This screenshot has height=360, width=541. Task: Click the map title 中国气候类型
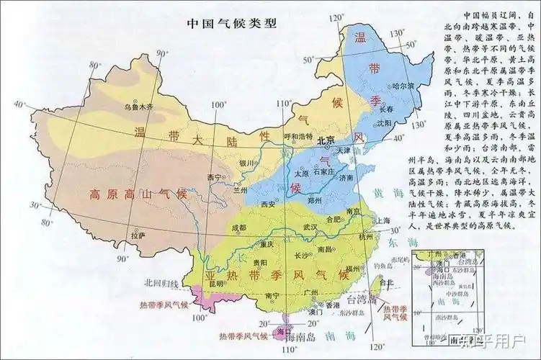[x=232, y=23]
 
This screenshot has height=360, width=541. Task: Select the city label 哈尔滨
[x=400, y=86]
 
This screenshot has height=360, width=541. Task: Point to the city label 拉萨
[x=137, y=235]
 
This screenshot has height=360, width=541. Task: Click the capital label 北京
[x=326, y=140]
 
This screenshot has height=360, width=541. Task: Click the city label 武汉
[x=310, y=228]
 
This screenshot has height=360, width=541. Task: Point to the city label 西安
[x=268, y=204]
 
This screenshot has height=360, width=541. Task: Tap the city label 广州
[x=312, y=292]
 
